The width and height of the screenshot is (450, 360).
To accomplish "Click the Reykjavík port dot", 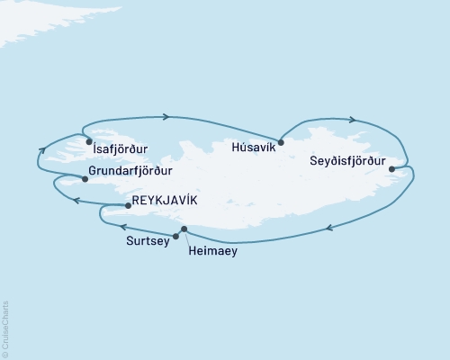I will coord(128,205).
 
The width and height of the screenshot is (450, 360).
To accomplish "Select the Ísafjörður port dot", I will coord(88,142).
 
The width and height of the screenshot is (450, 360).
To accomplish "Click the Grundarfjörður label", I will coord(130,170).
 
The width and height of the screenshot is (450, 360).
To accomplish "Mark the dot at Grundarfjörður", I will coord(85,178).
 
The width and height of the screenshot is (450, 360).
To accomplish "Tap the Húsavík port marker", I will coord(282,142).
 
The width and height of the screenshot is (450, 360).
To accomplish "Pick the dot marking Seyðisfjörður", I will coord(391,168).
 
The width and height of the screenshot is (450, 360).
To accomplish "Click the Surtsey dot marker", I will coord(175,237).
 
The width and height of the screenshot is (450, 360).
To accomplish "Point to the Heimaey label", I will coord(213,252).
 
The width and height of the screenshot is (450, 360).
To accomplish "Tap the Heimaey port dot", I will coord(184,229).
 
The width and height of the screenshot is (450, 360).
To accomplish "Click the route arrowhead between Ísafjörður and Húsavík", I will coord(166,116).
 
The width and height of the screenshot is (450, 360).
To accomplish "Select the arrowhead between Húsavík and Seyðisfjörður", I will coord(353,120).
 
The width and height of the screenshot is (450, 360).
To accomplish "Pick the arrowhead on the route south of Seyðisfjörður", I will coord(329,229).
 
